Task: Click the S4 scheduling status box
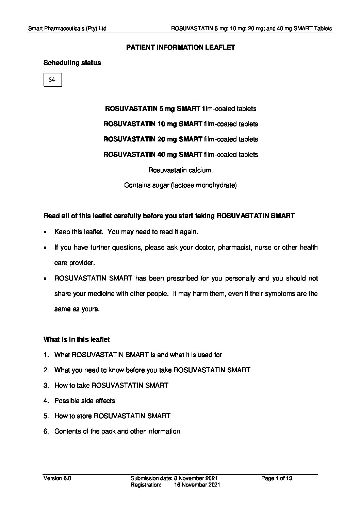[52, 80]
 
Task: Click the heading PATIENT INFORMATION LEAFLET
[180, 47]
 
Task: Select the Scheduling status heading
[72, 63]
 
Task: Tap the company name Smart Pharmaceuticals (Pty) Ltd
[67, 29]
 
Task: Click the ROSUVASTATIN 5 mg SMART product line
[180, 109]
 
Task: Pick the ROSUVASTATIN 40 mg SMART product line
[180, 154]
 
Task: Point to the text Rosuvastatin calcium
[180, 170]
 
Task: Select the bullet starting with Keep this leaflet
[126, 232]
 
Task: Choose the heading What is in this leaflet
[77, 339]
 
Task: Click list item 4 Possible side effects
[85, 401]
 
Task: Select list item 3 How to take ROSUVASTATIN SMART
[111, 385]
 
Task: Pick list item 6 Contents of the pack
[117, 431]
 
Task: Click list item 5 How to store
[112, 416]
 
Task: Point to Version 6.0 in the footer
[57, 478]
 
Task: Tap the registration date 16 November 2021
[197, 485]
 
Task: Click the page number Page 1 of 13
[277, 478]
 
